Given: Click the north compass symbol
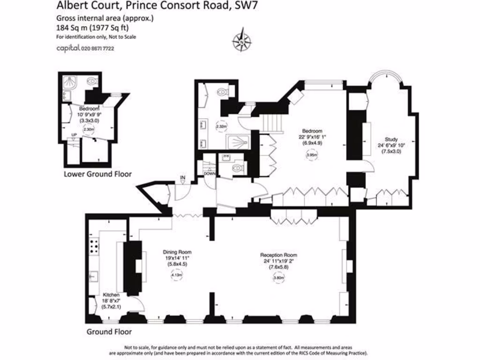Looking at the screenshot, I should click(x=241, y=41).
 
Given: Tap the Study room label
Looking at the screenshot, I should click(x=391, y=139).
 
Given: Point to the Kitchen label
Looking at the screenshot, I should click(x=112, y=295).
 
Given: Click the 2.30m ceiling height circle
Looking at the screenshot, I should click(x=88, y=130).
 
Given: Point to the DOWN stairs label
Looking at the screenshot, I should click(x=210, y=174).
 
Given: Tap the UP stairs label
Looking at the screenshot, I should click(x=74, y=136).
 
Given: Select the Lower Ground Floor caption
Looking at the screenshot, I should click(x=97, y=174).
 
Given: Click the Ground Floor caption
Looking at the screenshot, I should click(x=106, y=332).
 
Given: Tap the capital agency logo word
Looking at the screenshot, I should click(x=68, y=48).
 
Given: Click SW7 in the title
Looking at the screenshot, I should click(x=245, y=6).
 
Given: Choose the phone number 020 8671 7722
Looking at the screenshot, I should click(x=98, y=48).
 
